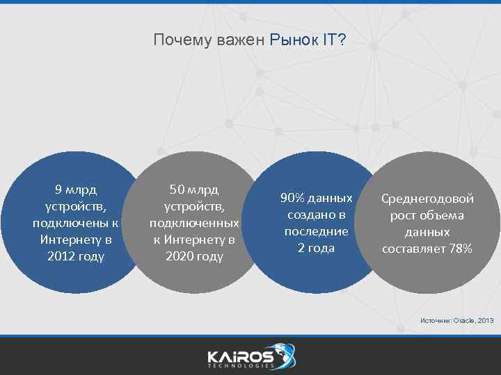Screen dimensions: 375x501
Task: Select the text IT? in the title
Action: (333, 40)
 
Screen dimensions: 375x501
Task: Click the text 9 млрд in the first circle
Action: (76, 189)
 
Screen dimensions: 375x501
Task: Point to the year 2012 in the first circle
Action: (61, 256)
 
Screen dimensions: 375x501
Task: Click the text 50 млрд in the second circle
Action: (194, 189)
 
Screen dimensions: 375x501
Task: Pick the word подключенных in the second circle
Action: (194, 223)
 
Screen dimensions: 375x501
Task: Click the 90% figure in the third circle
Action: (292, 198)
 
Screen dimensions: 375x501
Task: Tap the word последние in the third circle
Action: (316, 231)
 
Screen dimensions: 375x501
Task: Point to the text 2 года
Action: (316, 248)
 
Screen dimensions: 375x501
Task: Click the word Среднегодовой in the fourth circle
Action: (427, 199)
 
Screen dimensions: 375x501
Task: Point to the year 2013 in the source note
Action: (486, 320)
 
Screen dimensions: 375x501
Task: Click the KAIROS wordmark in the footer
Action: (240, 355)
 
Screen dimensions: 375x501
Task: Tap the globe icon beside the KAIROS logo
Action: (285, 353)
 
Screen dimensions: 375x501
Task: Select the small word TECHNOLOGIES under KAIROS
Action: (240, 366)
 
